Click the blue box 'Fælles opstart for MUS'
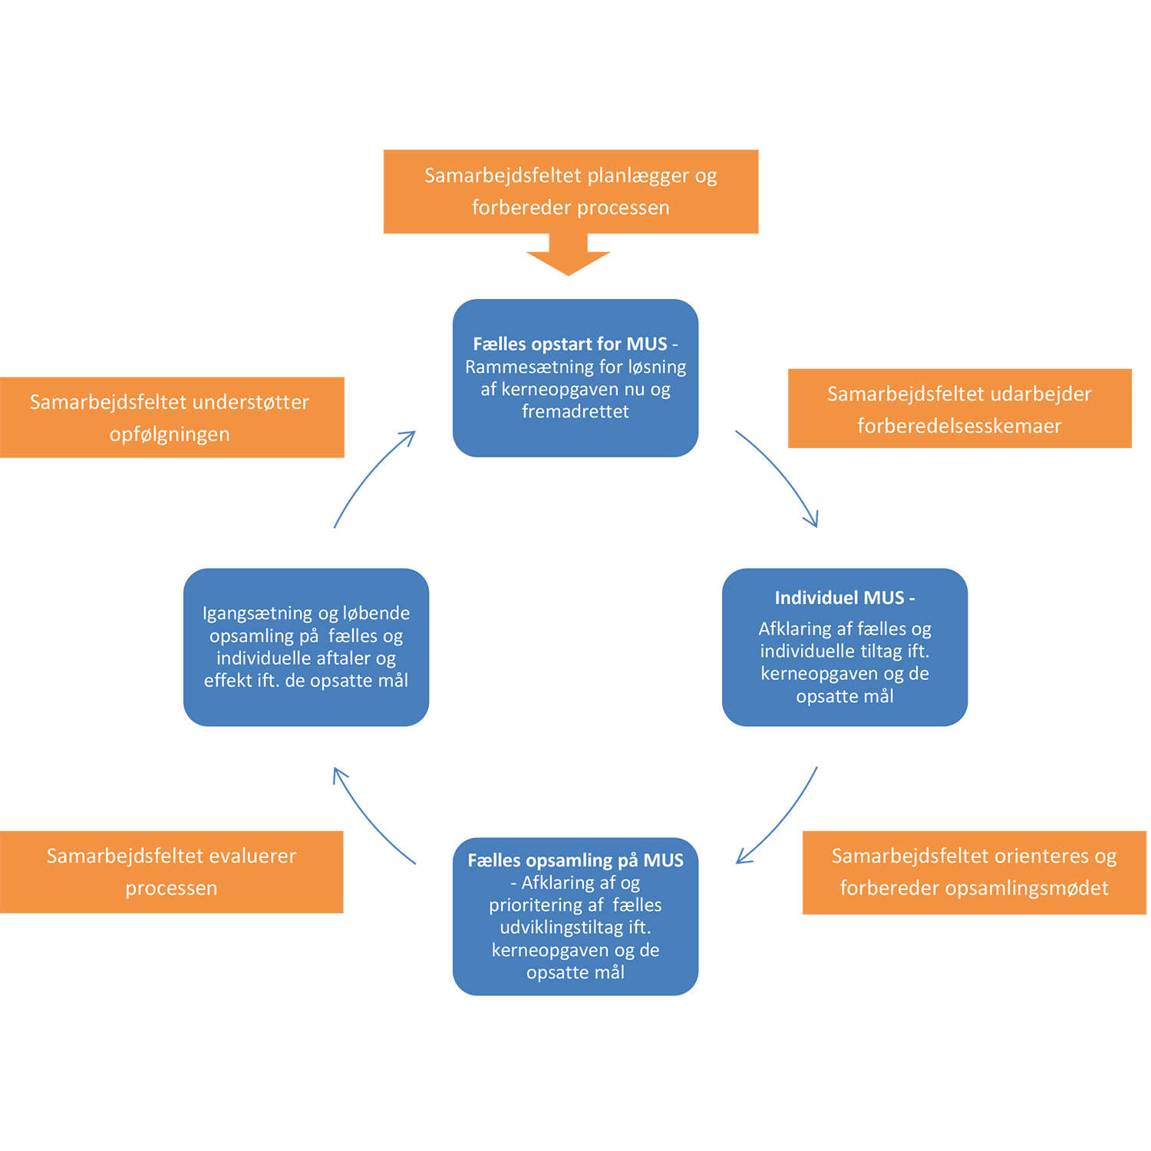pos(575,378)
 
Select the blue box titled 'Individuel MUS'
pos(844,647)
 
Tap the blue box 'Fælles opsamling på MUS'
pos(575,916)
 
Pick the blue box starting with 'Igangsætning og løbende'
pos(306,647)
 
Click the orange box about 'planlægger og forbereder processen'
pos(571,191)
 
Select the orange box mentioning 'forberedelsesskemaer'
pos(959,409)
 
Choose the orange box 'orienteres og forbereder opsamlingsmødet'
pos(974,872)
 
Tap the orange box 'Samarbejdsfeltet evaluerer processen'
pos(171,872)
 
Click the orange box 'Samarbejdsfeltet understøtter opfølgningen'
pos(171,417)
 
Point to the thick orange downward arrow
pos(569,256)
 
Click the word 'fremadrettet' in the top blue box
pos(575,411)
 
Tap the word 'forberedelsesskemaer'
pos(959,426)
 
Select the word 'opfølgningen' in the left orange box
pos(170,434)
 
